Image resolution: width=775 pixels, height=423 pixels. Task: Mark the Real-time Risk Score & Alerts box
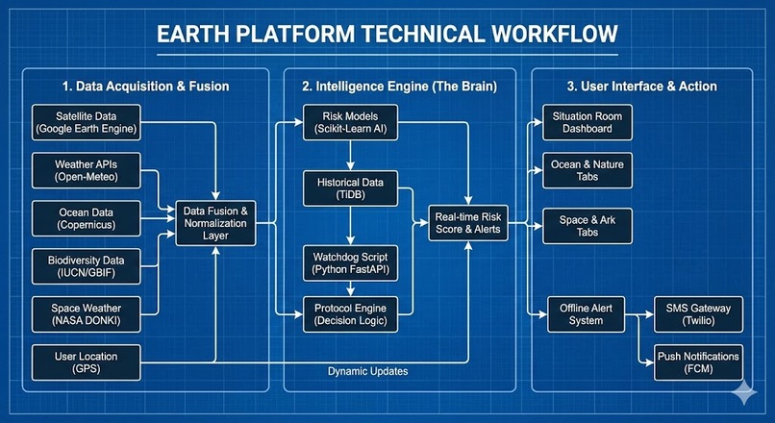[469, 225]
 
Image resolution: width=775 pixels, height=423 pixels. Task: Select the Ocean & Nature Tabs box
[587, 171]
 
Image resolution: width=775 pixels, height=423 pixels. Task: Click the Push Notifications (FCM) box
[698, 362]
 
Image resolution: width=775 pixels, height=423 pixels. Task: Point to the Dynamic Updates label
[366, 371]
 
